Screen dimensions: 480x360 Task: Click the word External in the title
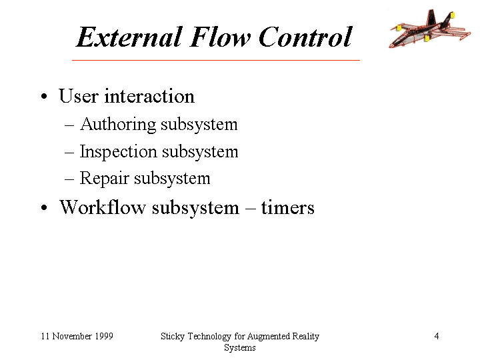click(x=130, y=37)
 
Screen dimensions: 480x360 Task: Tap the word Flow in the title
click(x=221, y=37)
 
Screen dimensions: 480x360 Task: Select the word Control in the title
click(x=305, y=37)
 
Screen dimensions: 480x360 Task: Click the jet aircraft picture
click(x=429, y=29)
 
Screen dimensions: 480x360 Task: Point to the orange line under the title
click(x=216, y=60)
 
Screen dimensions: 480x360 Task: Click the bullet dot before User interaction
click(x=44, y=96)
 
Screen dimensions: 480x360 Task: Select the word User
click(x=79, y=96)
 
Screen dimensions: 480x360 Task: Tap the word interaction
click(x=149, y=96)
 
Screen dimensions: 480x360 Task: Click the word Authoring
click(x=118, y=125)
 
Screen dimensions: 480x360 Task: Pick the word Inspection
click(x=118, y=152)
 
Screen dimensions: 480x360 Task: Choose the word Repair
click(x=104, y=179)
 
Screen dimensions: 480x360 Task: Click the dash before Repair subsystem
click(x=69, y=179)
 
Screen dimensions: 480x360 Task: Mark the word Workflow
click(x=102, y=207)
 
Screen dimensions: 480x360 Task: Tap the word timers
click(x=288, y=207)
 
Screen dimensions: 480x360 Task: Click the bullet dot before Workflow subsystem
click(x=44, y=207)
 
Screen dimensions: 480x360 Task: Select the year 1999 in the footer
click(x=104, y=336)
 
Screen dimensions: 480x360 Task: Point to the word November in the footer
click(x=72, y=336)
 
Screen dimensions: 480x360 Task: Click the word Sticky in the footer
click(x=173, y=337)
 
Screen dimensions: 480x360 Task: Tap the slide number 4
click(x=437, y=336)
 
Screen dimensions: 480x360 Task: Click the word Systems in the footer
click(x=240, y=348)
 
